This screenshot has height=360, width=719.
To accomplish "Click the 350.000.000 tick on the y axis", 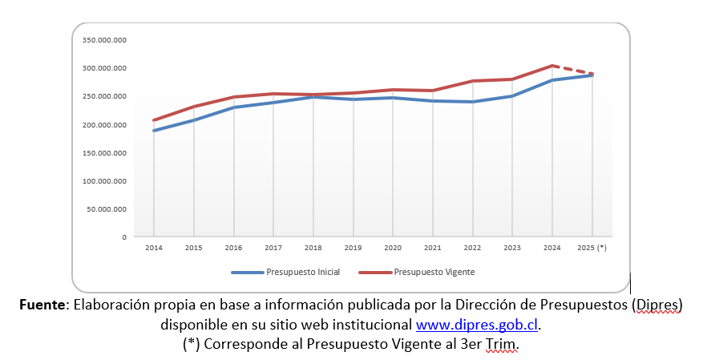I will pos(104,39).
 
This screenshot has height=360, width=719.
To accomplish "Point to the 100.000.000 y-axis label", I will pos(104,181).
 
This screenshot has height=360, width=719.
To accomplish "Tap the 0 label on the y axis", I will pos(124,237).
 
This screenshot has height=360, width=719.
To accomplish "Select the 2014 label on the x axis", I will pos(153,248).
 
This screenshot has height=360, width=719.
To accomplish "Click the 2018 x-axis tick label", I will pos(313,248).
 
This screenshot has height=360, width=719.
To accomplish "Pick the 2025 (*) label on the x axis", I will pos(592,248).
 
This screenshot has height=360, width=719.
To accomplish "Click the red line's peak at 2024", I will pos(552,66).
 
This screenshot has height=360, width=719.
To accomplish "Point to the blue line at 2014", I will pos(153,131).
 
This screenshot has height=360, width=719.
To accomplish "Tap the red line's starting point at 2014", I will pos(153,120).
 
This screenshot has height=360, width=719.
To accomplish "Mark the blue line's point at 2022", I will pos(473,102).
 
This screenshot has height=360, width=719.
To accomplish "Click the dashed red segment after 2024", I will pos(573,70).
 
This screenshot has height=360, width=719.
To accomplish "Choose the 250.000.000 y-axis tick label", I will pos(104,96).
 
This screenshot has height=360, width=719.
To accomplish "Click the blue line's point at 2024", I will pos(552,80).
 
